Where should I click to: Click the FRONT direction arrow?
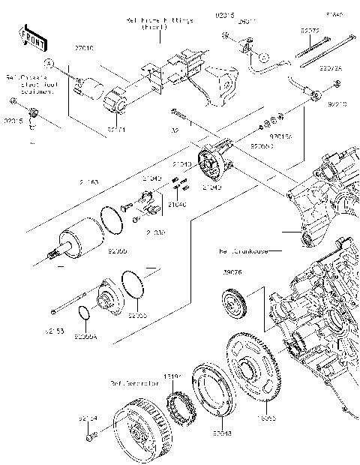[29, 36]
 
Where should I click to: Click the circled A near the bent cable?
[264, 56]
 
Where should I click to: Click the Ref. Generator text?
[134, 382]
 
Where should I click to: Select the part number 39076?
[232, 272]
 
